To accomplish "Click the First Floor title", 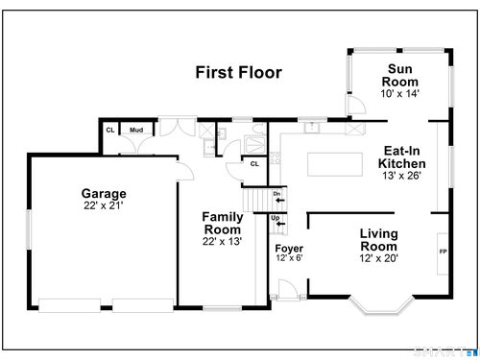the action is pyautogui.click(x=238, y=72).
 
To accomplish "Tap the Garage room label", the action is pyautogui.click(x=104, y=194).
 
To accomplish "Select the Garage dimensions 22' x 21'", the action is pyautogui.click(x=104, y=205).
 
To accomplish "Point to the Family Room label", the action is pyautogui.click(x=223, y=223).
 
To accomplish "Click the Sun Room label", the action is pyautogui.click(x=400, y=75).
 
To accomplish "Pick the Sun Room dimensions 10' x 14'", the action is pyautogui.click(x=400, y=93).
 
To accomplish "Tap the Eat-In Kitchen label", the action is pyautogui.click(x=402, y=157).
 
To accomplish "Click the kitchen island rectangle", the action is pyautogui.click(x=335, y=164).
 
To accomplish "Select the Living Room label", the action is pyautogui.click(x=379, y=240).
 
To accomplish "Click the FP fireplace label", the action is pyautogui.click(x=443, y=252).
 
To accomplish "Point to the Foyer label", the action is pyautogui.click(x=289, y=249).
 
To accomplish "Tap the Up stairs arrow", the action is pyautogui.click(x=280, y=224).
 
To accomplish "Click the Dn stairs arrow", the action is pyautogui.click(x=280, y=201).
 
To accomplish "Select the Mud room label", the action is pyautogui.click(x=136, y=130).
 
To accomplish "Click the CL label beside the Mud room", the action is pyautogui.click(x=110, y=130).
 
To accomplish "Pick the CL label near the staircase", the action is pyautogui.click(x=254, y=164).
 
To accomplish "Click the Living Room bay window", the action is pyautogui.click(x=381, y=305).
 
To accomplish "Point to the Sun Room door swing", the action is pyautogui.click(x=357, y=104).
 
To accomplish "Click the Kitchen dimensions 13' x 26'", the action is pyautogui.click(x=402, y=176).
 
